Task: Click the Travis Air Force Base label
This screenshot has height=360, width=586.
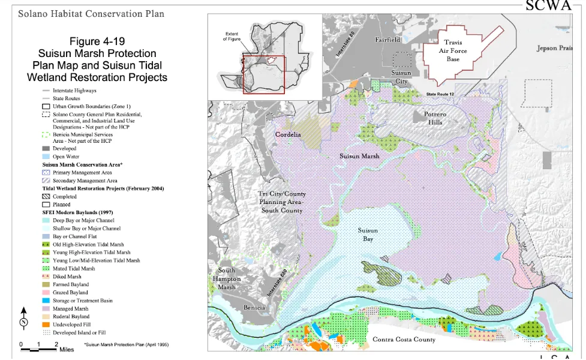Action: point(453,51)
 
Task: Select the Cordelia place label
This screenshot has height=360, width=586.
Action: point(288,134)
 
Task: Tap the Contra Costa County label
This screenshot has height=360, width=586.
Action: point(404,340)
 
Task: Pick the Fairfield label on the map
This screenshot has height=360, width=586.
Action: point(387,40)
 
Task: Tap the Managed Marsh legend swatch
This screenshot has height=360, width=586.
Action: point(46,308)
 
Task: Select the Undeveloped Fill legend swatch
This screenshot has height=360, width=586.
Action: point(46,324)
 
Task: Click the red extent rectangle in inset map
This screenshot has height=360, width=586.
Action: point(263,74)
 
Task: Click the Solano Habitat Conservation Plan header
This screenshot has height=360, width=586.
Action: point(91,13)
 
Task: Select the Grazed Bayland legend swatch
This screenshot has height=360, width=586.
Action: point(46,293)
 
